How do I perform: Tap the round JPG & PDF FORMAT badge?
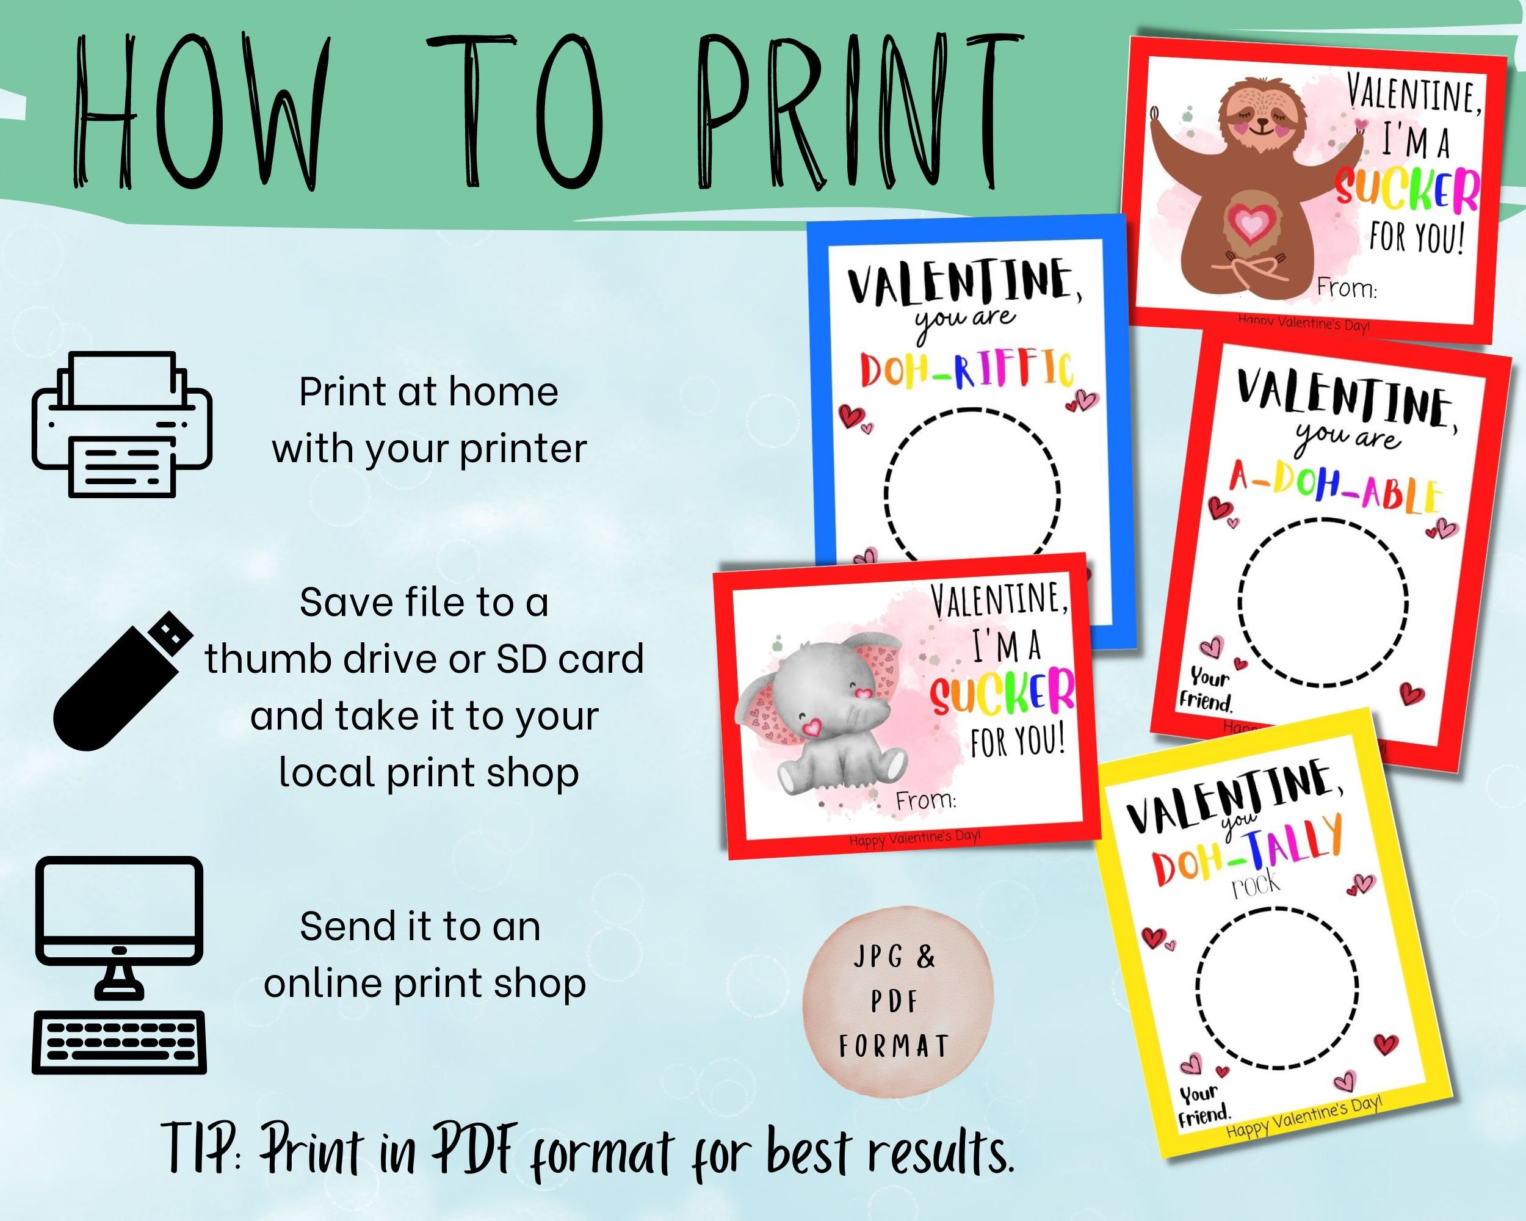click(897, 1002)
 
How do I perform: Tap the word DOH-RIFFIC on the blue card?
click(966, 369)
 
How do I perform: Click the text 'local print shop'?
click(429, 771)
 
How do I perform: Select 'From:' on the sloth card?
click(1346, 289)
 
